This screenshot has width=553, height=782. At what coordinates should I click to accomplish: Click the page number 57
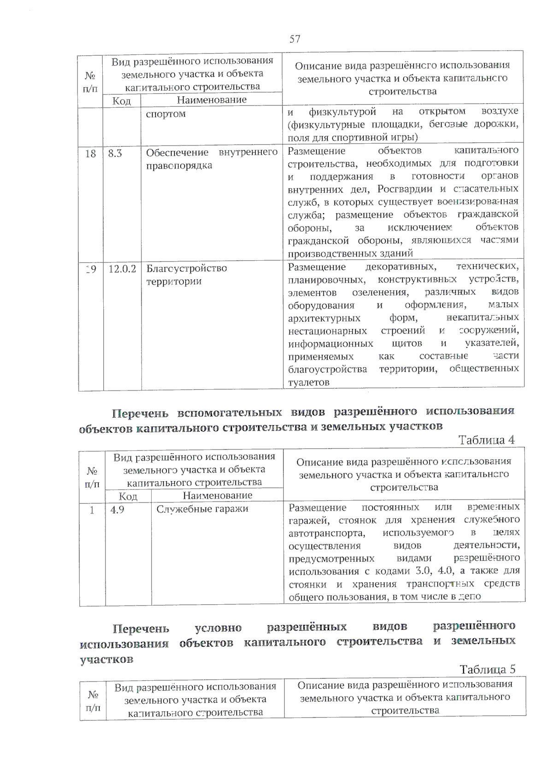(x=295, y=39)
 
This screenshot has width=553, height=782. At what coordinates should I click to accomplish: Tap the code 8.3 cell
(x=115, y=153)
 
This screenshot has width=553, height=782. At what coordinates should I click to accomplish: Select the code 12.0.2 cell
(x=122, y=268)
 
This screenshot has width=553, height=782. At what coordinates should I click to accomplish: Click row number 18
(x=90, y=153)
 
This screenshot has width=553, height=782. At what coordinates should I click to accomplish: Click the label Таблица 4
(x=486, y=440)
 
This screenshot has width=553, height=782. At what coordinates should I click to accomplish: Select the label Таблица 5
(x=488, y=669)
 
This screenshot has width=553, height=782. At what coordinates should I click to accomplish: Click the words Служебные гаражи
(x=202, y=509)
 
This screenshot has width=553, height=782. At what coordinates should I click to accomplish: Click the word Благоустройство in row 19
(x=187, y=268)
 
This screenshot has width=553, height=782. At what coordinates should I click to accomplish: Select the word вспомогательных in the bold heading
(x=229, y=411)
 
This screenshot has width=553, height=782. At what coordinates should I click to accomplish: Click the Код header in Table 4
(x=128, y=496)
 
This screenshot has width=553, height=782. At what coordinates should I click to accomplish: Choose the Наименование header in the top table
(x=212, y=99)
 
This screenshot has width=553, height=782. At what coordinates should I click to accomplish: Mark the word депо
(x=470, y=596)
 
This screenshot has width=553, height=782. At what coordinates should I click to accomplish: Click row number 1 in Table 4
(x=92, y=510)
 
